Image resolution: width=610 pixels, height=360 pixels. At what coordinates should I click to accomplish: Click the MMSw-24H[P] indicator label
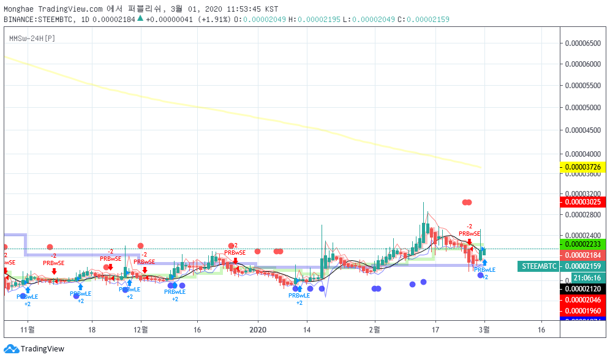click(32, 39)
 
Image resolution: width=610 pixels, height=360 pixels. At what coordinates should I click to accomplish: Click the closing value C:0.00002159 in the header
click(423, 20)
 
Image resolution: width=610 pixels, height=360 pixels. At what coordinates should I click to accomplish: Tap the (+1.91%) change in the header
click(214, 20)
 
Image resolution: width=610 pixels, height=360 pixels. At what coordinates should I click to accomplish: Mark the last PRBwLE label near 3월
click(484, 269)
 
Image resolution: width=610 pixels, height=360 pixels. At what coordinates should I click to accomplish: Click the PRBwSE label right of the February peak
click(469, 233)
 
